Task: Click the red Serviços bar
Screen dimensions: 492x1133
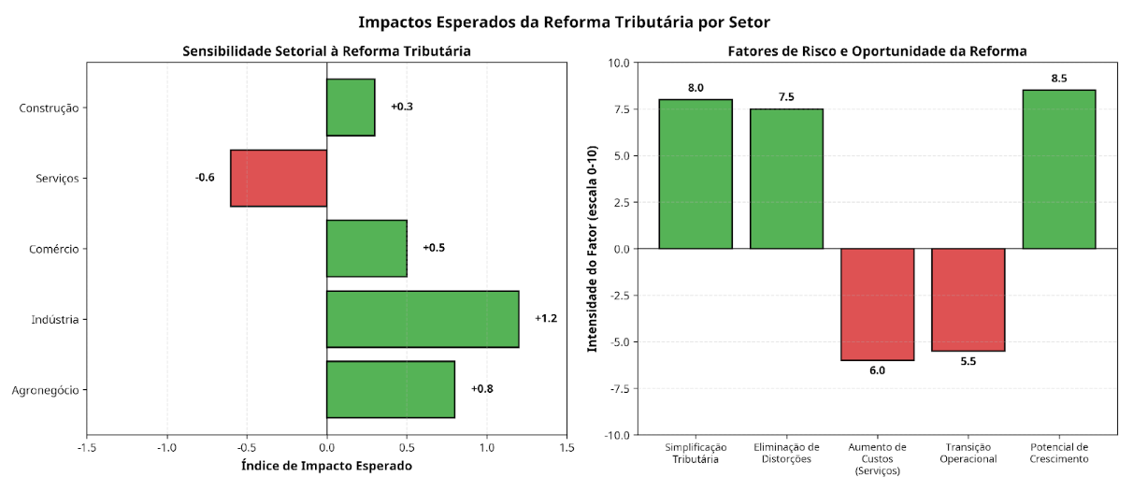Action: point(279,178)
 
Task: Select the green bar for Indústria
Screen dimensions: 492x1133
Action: point(423,319)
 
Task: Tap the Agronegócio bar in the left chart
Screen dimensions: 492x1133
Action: point(390,389)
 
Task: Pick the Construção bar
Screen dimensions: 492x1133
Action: point(351,107)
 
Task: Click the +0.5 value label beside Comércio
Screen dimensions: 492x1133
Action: point(434,248)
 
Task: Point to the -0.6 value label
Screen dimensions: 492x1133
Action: point(205,178)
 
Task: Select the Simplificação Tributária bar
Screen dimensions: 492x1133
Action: point(696,174)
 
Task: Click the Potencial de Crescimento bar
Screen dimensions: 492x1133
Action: point(1059,169)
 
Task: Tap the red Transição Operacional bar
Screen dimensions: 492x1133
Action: point(968,299)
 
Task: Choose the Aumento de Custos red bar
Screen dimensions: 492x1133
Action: point(877,304)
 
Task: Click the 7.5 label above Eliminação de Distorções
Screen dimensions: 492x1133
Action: point(786,97)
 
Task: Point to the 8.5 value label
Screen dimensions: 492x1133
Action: point(1059,79)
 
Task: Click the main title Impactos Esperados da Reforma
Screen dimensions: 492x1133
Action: point(566,22)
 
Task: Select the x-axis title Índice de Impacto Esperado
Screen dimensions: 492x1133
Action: point(326,465)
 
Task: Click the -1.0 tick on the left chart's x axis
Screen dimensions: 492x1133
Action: point(167,448)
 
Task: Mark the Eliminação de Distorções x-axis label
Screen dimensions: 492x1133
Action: point(786,453)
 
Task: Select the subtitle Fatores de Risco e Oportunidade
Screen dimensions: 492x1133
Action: point(877,51)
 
